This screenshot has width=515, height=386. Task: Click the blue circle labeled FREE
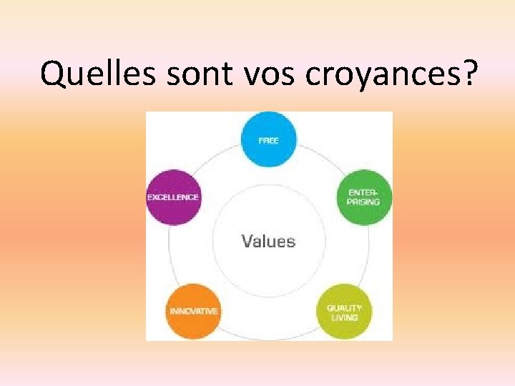point(268,140)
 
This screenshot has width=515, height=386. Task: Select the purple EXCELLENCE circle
point(172,197)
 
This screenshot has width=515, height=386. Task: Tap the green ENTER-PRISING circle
point(364,197)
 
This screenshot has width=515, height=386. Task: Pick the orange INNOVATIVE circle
point(193,312)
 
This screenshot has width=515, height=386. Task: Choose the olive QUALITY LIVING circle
point(344,312)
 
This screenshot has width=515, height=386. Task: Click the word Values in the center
point(268,241)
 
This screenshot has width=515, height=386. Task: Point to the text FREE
point(268,141)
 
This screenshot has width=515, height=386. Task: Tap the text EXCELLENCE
point(172,197)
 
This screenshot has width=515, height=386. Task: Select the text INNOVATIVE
point(193,312)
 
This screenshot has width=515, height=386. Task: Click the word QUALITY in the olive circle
point(345,308)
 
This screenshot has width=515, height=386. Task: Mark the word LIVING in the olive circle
point(345,317)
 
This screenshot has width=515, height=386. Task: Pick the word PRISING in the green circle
point(364,202)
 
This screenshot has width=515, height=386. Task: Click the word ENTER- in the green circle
point(364,193)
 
